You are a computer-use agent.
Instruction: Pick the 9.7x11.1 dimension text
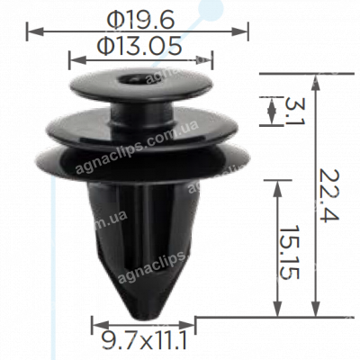pyautogui.click(x=144, y=340)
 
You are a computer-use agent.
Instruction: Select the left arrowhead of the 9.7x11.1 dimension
pyautogui.click(x=94, y=324)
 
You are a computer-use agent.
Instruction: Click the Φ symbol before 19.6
pyautogui.click(x=113, y=16)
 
